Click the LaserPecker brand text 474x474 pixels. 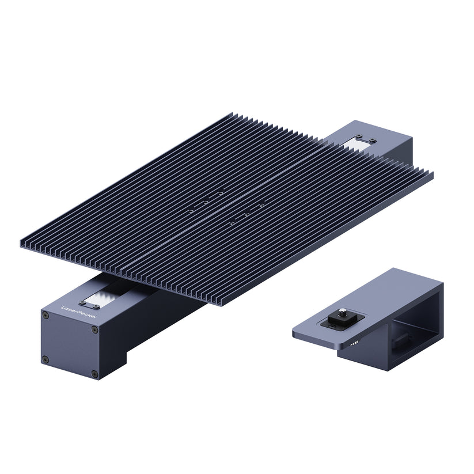[79, 312]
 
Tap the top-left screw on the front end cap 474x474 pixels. [45, 316]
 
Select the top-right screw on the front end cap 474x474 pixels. [95, 329]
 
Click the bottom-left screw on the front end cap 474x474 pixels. [45, 360]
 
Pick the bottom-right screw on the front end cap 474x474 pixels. [94, 374]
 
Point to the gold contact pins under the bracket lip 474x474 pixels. [354, 343]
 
